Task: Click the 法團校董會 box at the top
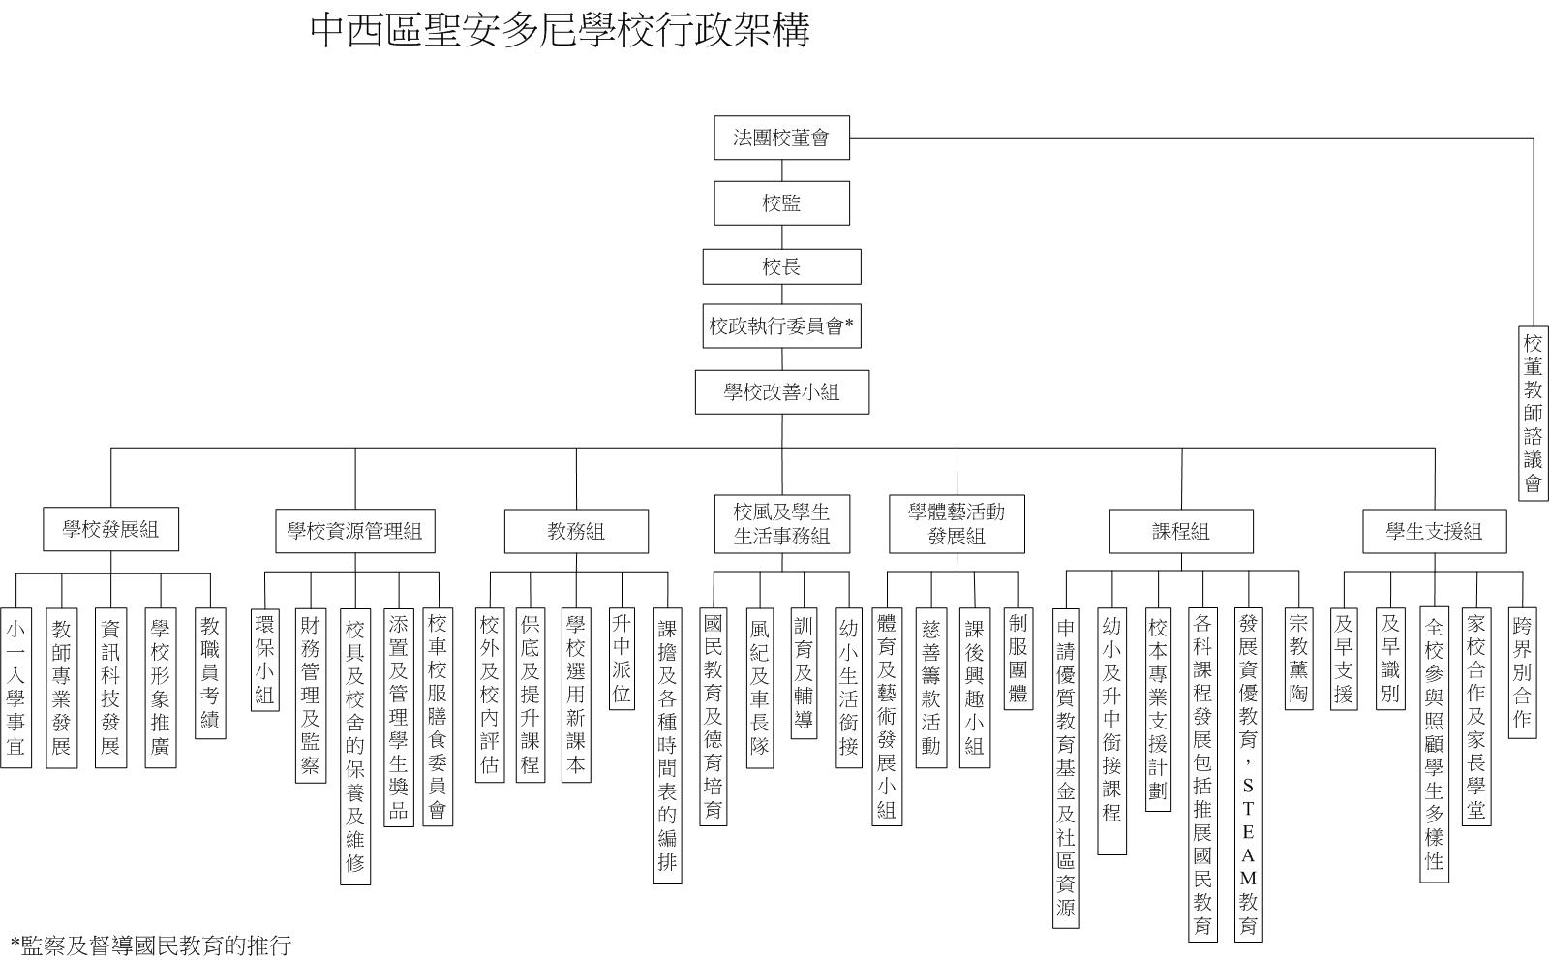click(781, 138)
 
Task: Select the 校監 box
click(781, 202)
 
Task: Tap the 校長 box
click(781, 266)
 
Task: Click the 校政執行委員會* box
click(781, 325)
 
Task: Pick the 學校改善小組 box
click(782, 392)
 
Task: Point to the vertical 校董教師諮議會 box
click(1534, 414)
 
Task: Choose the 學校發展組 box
click(110, 530)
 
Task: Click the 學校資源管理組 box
click(355, 531)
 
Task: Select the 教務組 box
click(576, 532)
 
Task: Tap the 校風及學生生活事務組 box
click(782, 524)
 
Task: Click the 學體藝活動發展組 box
click(957, 524)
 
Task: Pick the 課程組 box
click(1181, 532)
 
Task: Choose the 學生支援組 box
click(1434, 532)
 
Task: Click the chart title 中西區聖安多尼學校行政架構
click(561, 30)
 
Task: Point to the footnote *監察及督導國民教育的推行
click(151, 945)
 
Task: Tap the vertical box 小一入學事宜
click(15, 688)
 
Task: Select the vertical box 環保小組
click(265, 660)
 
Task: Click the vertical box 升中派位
click(622, 659)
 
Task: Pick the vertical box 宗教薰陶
click(1298, 659)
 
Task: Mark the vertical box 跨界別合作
click(1522, 673)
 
